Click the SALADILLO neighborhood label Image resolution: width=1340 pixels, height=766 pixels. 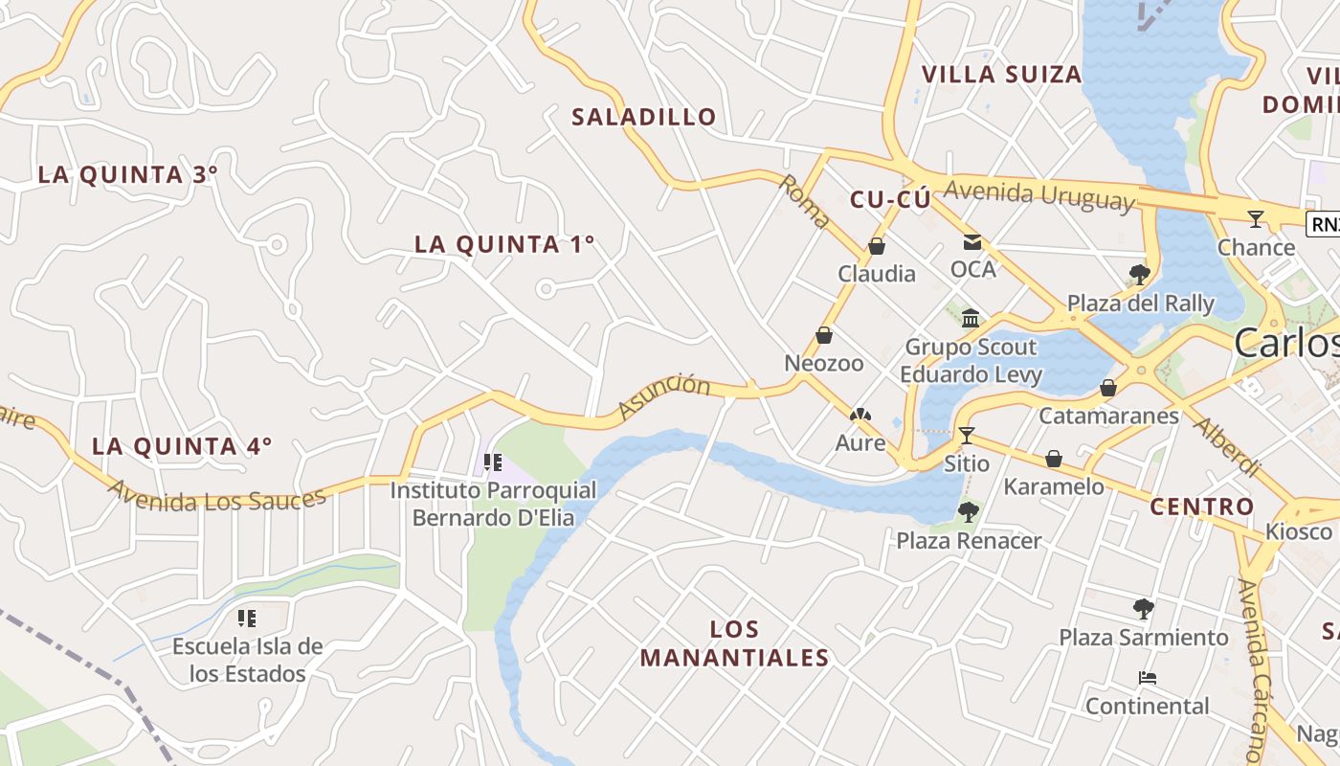[x=643, y=117]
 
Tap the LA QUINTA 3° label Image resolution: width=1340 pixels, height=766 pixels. [x=127, y=174]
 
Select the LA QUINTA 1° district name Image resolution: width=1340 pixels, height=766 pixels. [x=504, y=244]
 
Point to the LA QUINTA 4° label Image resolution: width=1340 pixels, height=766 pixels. [x=182, y=446]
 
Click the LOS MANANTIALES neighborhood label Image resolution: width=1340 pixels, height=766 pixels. [x=735, y=643]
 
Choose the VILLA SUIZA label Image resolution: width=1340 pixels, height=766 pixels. [x=1001, y=74]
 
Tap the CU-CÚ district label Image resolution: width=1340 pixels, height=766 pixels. [x=890, y=199]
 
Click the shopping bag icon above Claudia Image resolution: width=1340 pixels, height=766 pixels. [x=876, y=247]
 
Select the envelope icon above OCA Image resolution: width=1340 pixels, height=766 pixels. [x=972, y=242]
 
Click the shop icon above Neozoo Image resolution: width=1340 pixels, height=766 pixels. [x=823, y=336]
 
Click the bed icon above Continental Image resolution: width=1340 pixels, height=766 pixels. [x=1147, y=679]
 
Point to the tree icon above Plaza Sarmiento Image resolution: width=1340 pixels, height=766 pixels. [x=1143, y=609]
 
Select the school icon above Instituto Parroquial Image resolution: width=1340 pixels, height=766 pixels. [x=493, y=463]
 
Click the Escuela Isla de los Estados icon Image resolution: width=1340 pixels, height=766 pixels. [x=247, y=619]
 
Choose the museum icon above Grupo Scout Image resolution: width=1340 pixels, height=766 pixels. [x=971, y=318]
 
